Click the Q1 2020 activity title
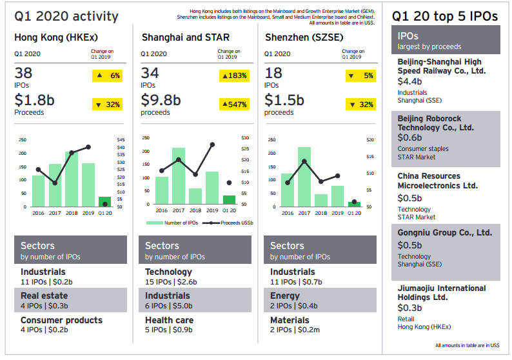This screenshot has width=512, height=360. pyautogui.click(x=66, y=17)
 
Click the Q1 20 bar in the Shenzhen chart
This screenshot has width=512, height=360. pyautogui.click(x=354, y=204)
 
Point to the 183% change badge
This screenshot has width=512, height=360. pyautogui.click(x=235, y=76)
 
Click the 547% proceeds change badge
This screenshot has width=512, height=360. pyautogui.click(x=235, y=104)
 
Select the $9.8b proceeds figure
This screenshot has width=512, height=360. pyautogui.click(x=161, y=100)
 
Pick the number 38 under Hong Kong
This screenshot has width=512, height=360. pyautogui.click(x=23, y=74)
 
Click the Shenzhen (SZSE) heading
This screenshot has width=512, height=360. pyautogui.click(x=304, y=37)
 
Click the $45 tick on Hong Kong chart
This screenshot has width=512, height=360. pyautogui.click(x=121, y=140)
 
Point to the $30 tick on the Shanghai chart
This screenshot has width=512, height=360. pyautogui.click(x=245, y=138)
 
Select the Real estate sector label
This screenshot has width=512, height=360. pyautogui.click(x=44, y=295)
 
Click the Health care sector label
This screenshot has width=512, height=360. pyautogui.click(x=168, y=320)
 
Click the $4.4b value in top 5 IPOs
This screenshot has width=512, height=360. pyautogui.click(x=409, y=81)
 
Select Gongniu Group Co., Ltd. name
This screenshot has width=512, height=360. pyautogui.click(x=444, y=232)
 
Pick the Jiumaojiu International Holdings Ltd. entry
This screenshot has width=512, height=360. pyautogui.click(x=442, y=293)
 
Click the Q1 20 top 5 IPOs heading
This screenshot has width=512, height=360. pyautogui.click(x=444, y=17)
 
